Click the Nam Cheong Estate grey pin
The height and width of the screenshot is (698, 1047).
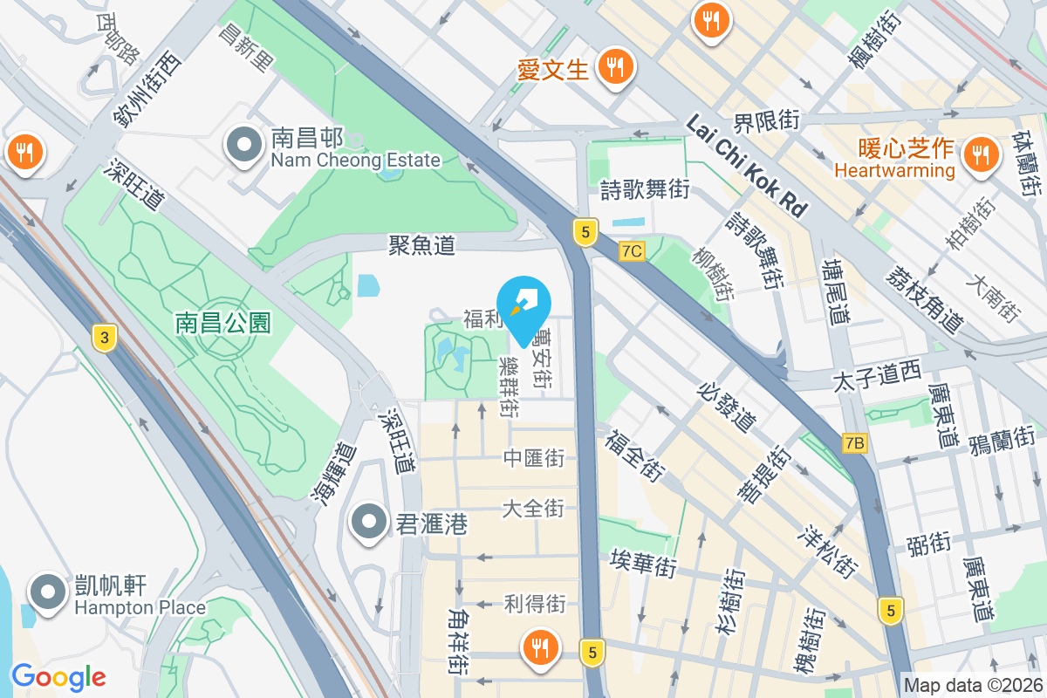(x=243, y=145)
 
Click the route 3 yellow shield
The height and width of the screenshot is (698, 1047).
(x=104, y=338)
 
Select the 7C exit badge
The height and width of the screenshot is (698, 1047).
(x=632, y=251)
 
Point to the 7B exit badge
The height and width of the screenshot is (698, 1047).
(x=855, y=443)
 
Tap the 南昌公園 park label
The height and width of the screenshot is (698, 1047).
(x=223, y=324)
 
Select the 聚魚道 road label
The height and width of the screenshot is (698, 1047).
(x=422, y=246)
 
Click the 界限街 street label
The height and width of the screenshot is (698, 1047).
(x=766, y=120)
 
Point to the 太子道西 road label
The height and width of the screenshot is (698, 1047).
(x=877, y=376)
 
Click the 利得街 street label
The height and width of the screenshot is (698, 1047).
(x=535, y=603)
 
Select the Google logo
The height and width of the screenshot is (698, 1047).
(x=58, y=676)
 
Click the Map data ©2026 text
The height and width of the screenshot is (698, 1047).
(x=973, y=686)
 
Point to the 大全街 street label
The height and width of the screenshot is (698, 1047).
(x=533, y=508)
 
